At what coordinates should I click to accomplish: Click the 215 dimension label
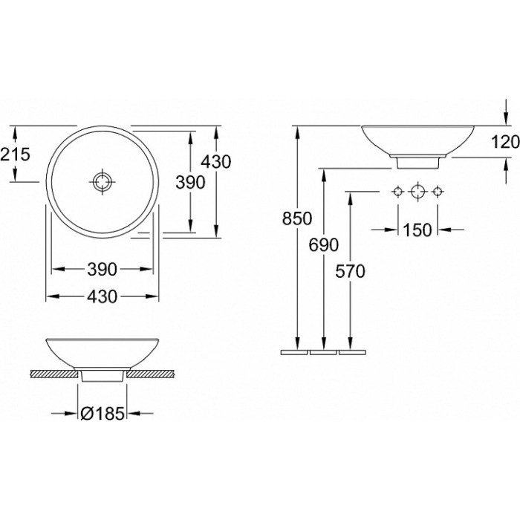coord(15,155)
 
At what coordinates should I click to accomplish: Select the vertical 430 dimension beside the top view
coord(216,162)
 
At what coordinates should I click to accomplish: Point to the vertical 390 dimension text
coord(190,183)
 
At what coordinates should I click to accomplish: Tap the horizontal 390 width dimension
coord(103,269)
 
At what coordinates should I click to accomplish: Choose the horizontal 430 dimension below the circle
coord(103,296)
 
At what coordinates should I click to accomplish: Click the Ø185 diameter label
coord(103,413)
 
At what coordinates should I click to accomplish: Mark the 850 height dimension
coord(297,218)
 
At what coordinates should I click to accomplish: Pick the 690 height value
coord(324,245)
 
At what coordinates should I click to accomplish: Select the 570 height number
coord(350,271)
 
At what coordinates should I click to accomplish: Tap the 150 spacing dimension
coord(417,230)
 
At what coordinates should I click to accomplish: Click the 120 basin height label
coord(505,143)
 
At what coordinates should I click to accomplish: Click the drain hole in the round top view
coord(103,182)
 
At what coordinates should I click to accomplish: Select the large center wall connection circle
coord(417,192)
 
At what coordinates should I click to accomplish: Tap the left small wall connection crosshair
coord(398,192)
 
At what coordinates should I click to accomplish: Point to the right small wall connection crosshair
coord(438,192)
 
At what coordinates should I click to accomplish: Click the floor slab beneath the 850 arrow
coord(294,352)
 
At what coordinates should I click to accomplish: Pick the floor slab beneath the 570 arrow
coord(352,352)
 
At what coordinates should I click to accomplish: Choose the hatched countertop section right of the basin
coord(151,374)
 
